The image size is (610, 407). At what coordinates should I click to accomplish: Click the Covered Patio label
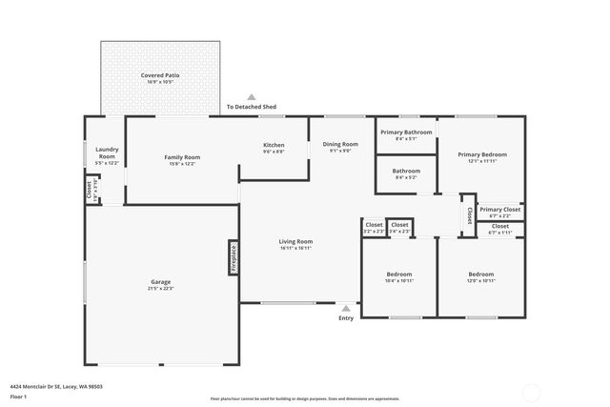[160, 74]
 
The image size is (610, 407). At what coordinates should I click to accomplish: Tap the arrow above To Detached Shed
[252, 96]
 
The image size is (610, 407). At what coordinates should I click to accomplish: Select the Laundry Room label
[107, 153]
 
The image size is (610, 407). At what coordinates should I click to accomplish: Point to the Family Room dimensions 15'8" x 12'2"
[181, 164]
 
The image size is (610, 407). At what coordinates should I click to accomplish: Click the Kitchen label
[274, 145]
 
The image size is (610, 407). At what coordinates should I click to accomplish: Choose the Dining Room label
[340, 143]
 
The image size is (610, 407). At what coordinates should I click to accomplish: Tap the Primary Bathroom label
[405, 132]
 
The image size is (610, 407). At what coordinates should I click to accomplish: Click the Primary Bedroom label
[481, 154]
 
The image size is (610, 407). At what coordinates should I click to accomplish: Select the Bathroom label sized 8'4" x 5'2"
[405, 171]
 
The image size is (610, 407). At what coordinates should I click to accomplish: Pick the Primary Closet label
[499, 210]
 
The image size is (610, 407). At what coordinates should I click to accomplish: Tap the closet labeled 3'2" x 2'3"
[374, 225]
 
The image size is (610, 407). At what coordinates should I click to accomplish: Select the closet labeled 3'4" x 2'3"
[399, 225]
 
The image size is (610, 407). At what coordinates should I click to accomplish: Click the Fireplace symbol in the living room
[232, 257]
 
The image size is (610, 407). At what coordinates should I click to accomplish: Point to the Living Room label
[295, 241]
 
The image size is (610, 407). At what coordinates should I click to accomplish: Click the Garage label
[160, 282]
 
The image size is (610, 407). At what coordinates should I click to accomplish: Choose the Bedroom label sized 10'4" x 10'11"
[398, 274]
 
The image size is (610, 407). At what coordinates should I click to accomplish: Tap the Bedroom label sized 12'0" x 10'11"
[481, 274]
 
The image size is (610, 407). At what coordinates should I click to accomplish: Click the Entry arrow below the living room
[345, 308]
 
